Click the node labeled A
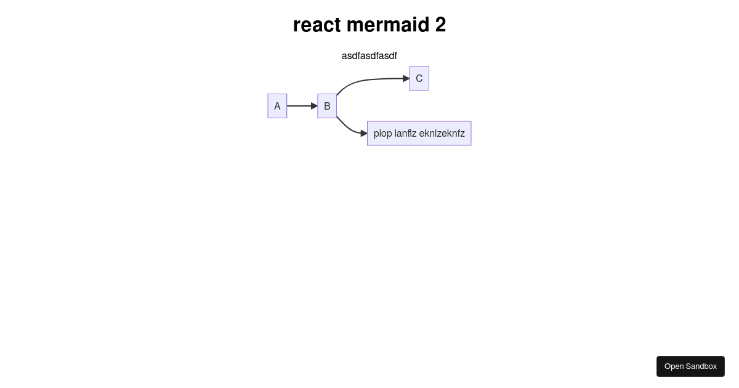[x=277, y=106]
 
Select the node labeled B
[x=327, y=106]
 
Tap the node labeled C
[x=419, y=79]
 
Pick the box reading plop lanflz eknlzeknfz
[x=419, y=133]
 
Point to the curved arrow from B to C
[x=366, y=80]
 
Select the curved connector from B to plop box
[x=349, y=128]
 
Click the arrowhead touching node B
[x=314, y=106]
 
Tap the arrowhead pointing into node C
[x=406, y=79]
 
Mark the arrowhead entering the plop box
[x=364, y=133]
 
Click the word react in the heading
[x=317, y=25]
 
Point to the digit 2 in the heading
[x=441, y=25]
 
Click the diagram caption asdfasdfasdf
[x=369, y=56]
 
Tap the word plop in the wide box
[x=382, y=134]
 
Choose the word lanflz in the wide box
[x=405, y=133]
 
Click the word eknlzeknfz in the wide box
[x=442, y=133]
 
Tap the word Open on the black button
[x=674, y=366]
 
